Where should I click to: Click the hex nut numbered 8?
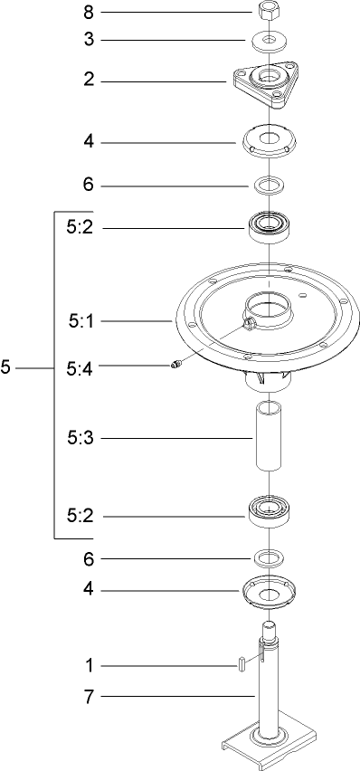point(268,13)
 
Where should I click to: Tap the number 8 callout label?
point(89,13)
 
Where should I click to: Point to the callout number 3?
point(89,40)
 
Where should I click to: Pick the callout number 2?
point(89,80)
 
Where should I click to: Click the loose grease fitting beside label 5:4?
point(176,365)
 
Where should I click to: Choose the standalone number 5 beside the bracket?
point(6,367)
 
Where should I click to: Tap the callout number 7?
point(89,696)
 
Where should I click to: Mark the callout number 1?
point(89,666)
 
